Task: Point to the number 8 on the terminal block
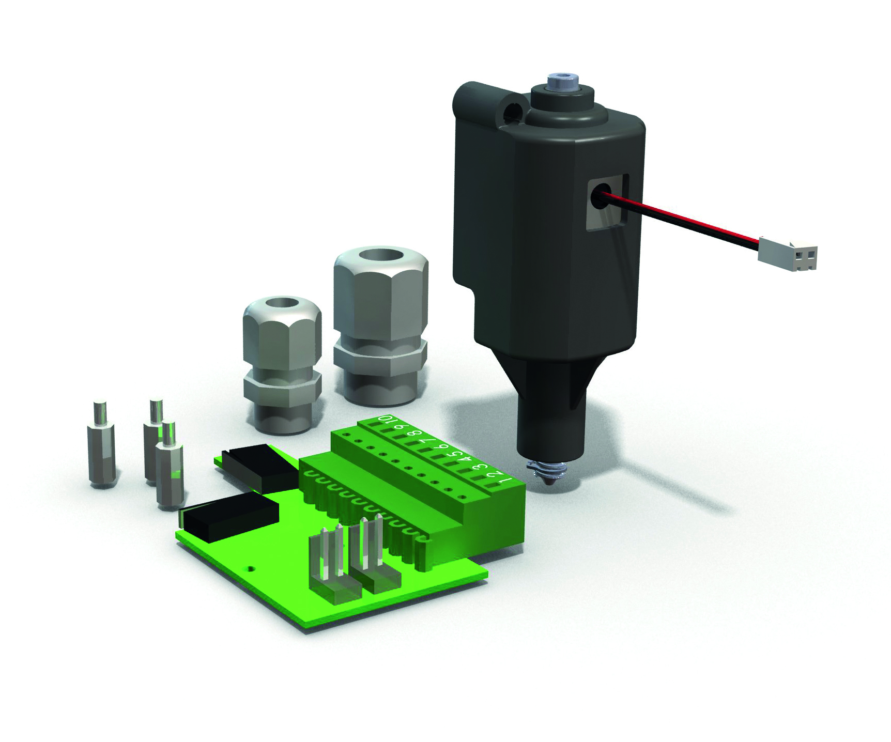pyautogui.click(x=413, y=435)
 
